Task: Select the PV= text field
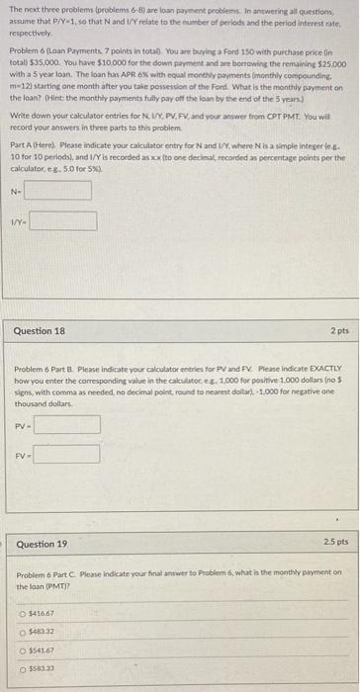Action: [67, 425]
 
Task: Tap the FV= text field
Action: [67, 455]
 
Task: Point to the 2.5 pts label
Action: [329, 543]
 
